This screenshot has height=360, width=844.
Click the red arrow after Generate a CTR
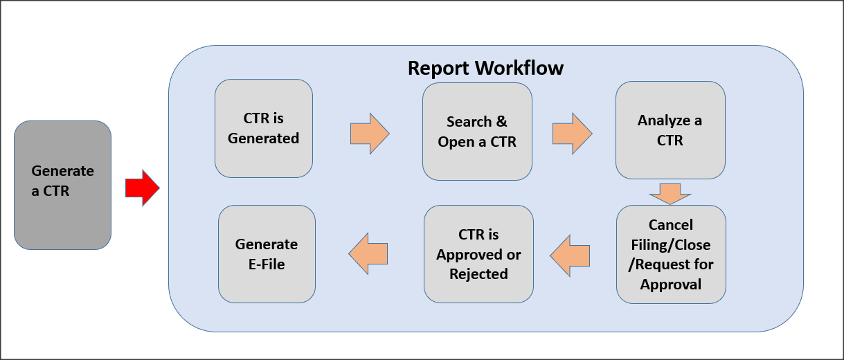point(142,187)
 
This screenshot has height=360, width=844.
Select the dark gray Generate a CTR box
point(62,185)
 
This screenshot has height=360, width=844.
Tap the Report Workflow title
point(485,69)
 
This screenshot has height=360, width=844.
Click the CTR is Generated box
point(263,128)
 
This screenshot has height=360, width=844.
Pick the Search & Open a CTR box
point(477,132)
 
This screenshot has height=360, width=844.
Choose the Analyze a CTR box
point(670,130)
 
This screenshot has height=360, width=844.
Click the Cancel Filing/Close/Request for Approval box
point(670,254)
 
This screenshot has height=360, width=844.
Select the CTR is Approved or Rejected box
point(478,254)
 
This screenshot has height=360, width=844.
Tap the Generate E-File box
point(267,254)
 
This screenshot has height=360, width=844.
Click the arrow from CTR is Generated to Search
point(370,133)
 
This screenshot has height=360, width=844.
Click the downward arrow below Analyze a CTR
point(670,194)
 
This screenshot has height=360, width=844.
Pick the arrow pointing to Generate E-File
point(368,254)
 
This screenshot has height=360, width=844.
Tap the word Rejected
point(478,273)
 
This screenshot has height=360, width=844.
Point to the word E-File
point(267,264)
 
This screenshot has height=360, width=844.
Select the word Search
point(469,122)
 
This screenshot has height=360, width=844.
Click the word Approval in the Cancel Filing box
point(670,285)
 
